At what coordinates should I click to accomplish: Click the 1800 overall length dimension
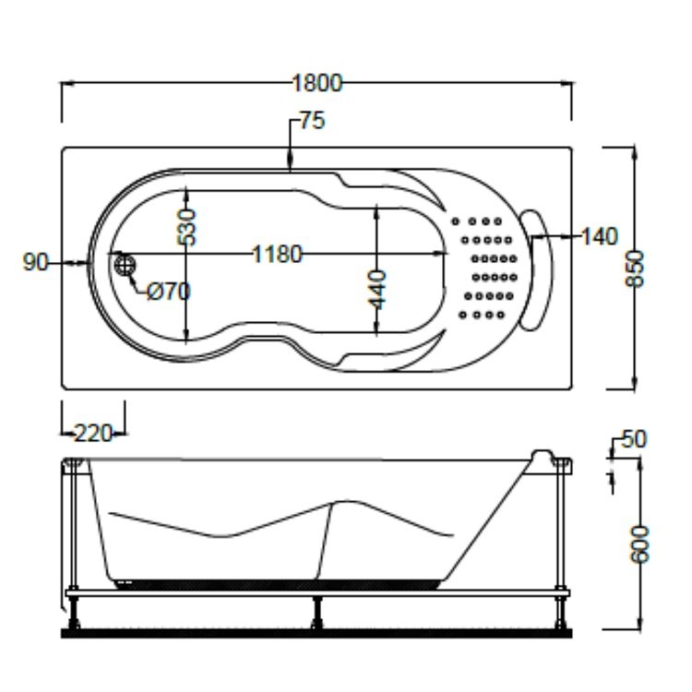tap(316, 84)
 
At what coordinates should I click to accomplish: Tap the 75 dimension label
tap(312, 122)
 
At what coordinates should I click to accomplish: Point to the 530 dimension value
tap(187, 226)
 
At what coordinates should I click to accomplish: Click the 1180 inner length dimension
tap(277, 255)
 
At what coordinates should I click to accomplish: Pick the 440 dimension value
tap(377, 289)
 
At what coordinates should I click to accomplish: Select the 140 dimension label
tap(599, 237)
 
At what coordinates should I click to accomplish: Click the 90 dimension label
tap(36, 263)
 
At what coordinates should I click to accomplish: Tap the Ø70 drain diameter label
tap(169, 292)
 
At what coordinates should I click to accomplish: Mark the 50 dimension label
tap(634, 440)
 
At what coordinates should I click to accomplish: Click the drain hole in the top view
tap(125, 265)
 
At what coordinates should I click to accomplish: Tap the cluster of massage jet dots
tap(485, 268)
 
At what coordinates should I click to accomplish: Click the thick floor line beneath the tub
tap(316, 633)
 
